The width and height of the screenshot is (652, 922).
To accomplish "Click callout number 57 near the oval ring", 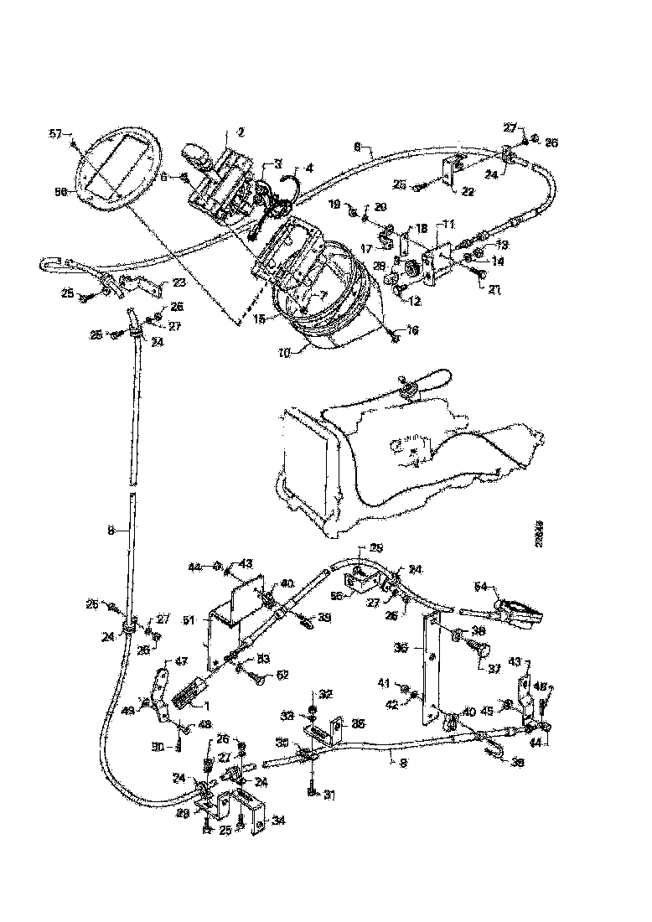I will [55, 134].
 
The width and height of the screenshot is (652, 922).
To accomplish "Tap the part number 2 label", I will [241, 132].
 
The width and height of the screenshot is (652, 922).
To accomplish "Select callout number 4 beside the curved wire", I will [308, 168].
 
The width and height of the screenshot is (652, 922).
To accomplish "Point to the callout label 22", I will [467, 193].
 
